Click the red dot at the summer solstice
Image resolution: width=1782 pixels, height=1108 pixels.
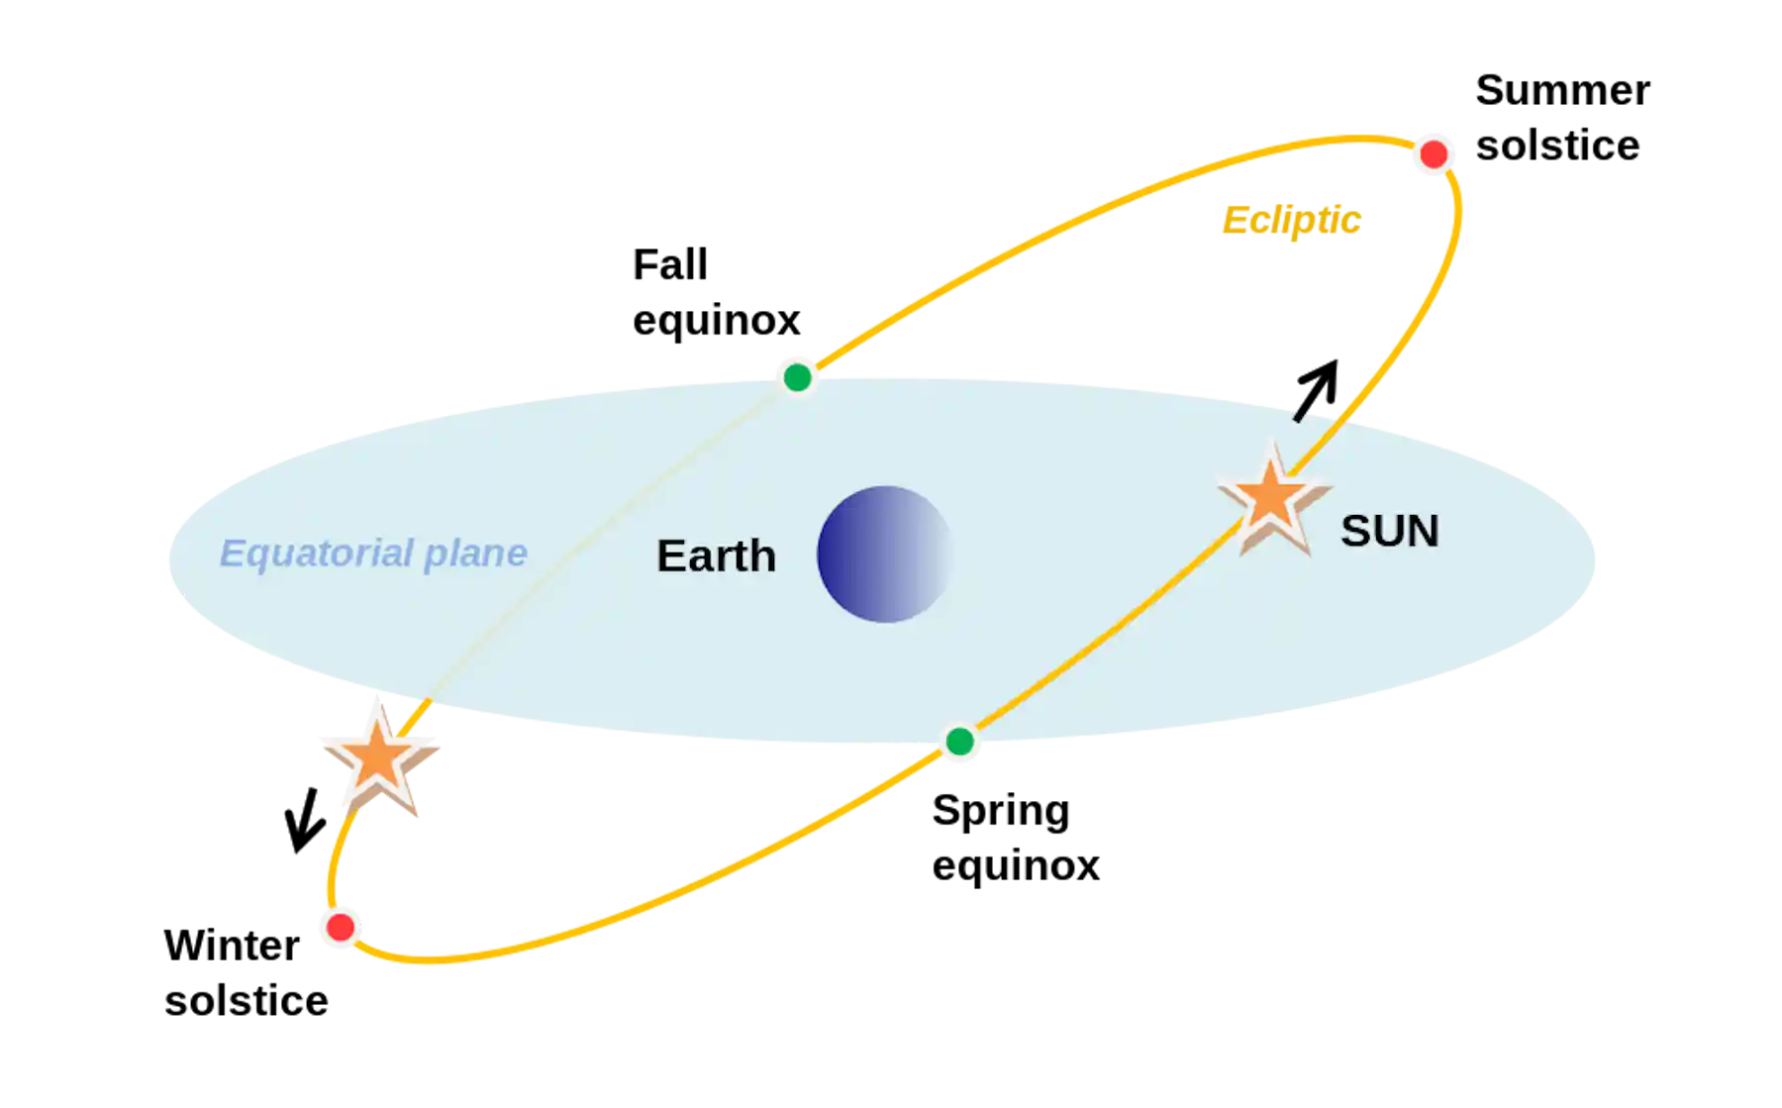1434,154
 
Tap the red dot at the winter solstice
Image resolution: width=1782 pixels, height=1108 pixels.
341,927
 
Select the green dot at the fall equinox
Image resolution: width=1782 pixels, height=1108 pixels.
797,377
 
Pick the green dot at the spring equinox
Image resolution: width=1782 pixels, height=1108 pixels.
959,741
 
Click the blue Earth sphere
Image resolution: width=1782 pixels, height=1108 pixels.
884,554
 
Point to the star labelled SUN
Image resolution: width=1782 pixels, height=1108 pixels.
1273,499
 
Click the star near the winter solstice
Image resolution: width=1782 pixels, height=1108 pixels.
379,757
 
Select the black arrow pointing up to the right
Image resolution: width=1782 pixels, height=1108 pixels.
1317,390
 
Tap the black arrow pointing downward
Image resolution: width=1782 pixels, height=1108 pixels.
305,820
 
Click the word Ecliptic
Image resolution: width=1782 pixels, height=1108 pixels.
1291,220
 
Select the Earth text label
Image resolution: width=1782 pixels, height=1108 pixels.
716,555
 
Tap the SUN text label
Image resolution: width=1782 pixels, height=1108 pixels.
1390,531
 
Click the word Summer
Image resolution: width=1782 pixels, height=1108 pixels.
1563,90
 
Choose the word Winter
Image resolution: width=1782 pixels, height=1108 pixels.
232,946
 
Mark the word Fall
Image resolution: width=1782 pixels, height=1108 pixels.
670,264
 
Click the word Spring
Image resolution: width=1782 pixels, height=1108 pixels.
1001,812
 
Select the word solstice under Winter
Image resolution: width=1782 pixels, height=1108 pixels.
247,1000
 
